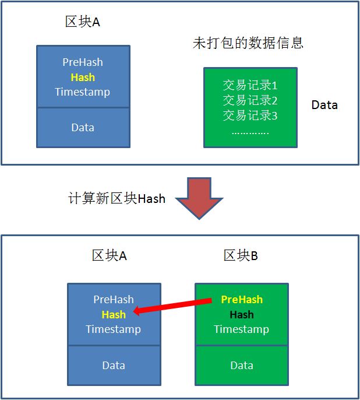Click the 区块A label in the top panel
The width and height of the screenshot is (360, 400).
[x=82, y=22]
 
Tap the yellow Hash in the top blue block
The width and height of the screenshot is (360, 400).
[x=83, y=78]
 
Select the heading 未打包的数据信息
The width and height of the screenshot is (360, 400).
[x=248, y=44]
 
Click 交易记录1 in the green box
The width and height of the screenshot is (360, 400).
[x=250, y=86]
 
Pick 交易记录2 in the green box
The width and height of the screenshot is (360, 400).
[x=250, y=100]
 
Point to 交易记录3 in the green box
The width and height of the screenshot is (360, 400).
[x=250, y=115]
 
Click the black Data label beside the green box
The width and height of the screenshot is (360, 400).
[x=324, y=106]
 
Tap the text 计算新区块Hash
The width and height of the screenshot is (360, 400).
[x=117, y=199]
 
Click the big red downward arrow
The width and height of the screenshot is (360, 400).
[x=200, y=198]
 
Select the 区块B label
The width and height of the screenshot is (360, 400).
[x=241, y=256]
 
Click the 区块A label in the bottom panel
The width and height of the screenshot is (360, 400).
[x=109, y=256]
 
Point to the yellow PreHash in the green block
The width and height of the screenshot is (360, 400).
[x=242, y=300]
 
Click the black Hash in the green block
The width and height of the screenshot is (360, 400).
[x=242, y=315]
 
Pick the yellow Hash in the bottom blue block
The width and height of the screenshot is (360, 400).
[x=114, y=315]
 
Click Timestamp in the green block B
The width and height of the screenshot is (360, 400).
[x=242, y=329]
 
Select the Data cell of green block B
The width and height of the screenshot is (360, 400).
[x=242, y=366]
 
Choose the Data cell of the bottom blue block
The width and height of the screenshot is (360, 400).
[x=114, y=366]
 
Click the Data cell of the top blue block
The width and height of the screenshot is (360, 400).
[x=83, y=128]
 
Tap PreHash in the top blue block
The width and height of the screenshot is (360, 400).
[x=83, y=62]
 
